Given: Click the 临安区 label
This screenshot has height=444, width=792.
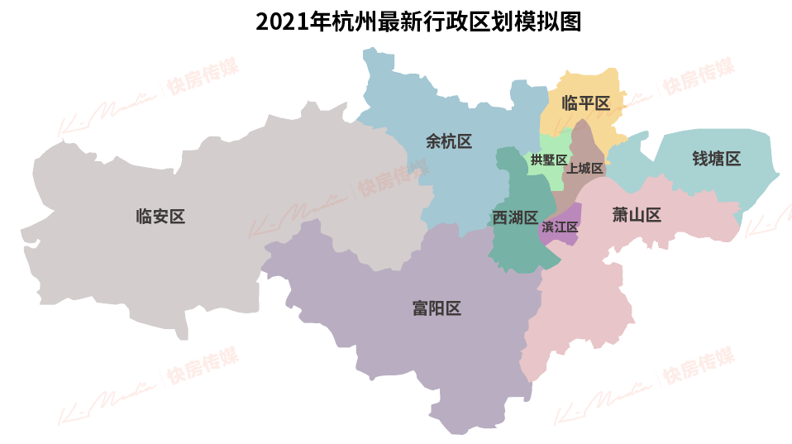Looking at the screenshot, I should pos(160,217).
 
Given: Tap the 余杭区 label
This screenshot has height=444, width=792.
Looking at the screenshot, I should pos(449,141).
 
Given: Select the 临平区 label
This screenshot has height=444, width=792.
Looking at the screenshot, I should pos(585,103).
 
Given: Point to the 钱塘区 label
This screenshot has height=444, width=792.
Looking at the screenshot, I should pos(716,159).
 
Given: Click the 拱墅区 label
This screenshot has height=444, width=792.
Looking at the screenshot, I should pos(548,160).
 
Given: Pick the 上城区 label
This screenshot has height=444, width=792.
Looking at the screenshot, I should pos(584,169).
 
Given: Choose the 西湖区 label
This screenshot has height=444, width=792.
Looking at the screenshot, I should pos(514,217).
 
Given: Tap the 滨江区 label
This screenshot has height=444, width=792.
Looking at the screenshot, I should pos(560,227).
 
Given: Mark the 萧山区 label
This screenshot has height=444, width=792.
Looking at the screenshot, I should pos(637,216).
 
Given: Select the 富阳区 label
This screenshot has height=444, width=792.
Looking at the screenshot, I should pos(437,309).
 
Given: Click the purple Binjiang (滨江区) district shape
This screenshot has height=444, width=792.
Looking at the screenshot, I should pos(570,212).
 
